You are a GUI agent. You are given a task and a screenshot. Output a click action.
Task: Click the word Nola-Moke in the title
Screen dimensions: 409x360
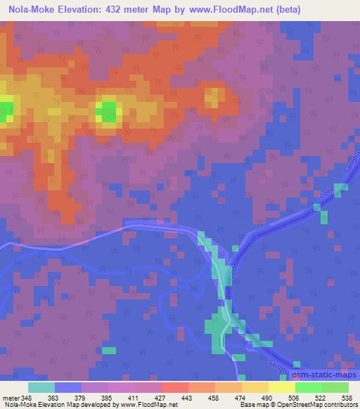click(31, 10)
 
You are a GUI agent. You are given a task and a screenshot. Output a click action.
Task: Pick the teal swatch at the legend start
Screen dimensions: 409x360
click(41, 387)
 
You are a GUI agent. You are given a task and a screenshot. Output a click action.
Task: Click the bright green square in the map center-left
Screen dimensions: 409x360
click(107, 110)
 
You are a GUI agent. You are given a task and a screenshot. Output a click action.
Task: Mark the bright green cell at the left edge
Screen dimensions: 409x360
click(6, 110)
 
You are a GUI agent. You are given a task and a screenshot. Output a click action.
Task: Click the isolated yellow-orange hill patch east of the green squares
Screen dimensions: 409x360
click(213, 96)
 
